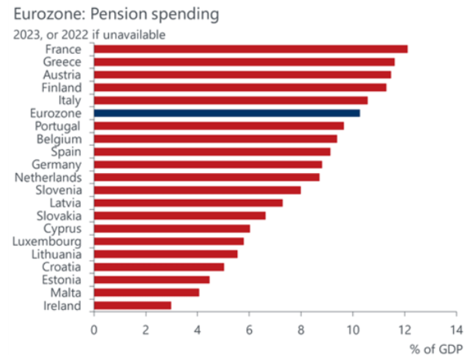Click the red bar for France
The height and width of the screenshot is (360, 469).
251,49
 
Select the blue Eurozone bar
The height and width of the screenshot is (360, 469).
227,113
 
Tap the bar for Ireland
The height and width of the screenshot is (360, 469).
133,305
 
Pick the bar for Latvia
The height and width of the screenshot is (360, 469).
188,202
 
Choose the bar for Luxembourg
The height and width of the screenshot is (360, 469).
169,241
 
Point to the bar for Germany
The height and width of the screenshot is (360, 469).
208,164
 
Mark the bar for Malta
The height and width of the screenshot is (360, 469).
146,292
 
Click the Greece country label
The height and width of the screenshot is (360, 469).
62,62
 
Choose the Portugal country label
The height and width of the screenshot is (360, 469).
57,126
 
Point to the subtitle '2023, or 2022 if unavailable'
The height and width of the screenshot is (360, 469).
89,35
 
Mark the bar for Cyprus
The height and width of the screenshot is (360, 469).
172,228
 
